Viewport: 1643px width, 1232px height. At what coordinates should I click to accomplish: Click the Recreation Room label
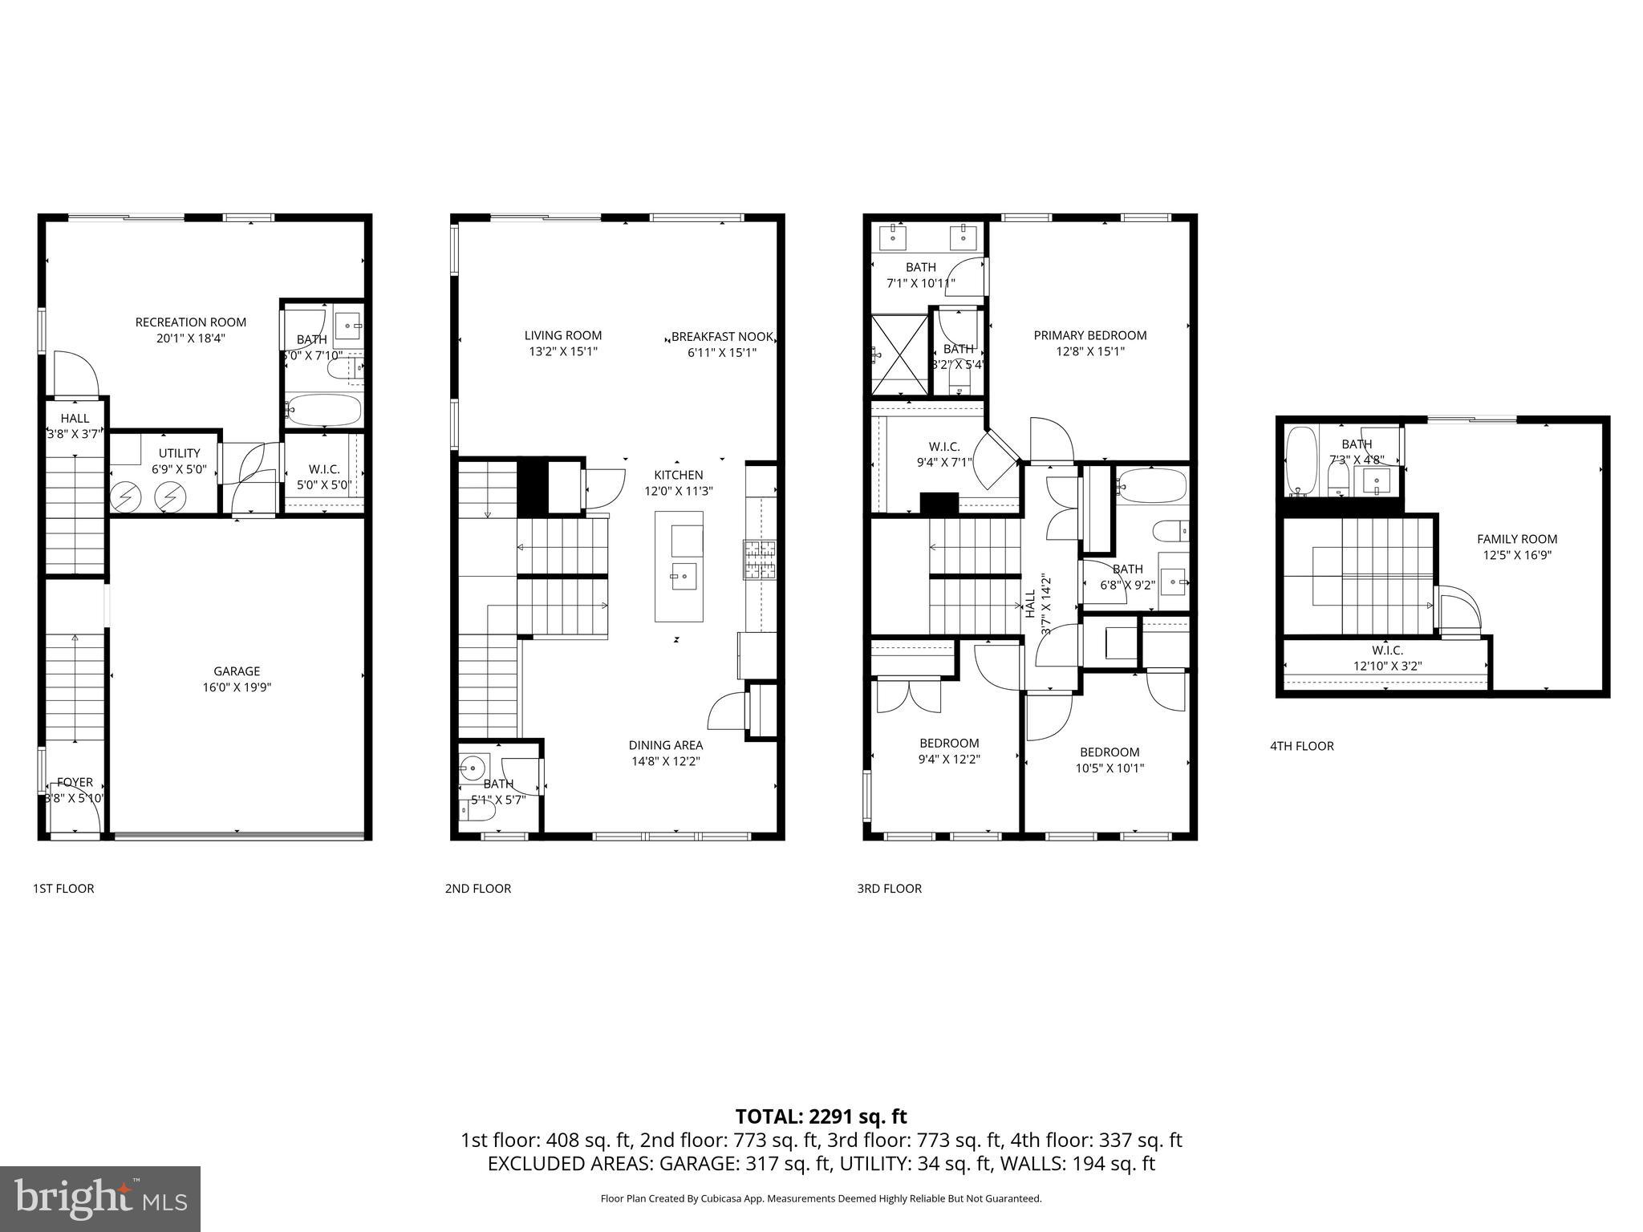pyautogui.click(x=190, y=322)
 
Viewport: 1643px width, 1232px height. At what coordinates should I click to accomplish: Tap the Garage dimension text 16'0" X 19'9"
pyautogui.click(x=237, y=687)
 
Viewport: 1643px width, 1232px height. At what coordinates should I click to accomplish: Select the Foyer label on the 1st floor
pyautogui.click(x=75, y=782)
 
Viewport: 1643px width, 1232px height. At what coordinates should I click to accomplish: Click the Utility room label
pyautogui.click(x=179, y=453)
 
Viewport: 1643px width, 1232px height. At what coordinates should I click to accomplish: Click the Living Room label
pyautogui.click(x=562, y=335)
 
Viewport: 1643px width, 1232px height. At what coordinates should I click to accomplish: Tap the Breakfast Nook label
pyautogui.click(x=722, y=337)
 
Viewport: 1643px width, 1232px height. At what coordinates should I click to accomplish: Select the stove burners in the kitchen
pyautogui.click(x=760, y=560)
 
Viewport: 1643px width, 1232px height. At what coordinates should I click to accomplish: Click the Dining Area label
pyautogui.click(x=665, y=745)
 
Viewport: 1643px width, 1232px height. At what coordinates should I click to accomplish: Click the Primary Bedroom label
pyautogui.click(x=1089, y=335)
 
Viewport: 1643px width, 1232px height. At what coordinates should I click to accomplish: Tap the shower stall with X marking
pyautogui.click(x=899, y=355)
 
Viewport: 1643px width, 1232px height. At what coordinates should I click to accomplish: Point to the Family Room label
pyautogui.click(x=1516, y=539)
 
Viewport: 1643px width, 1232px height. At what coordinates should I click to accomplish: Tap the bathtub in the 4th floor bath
pyautogui.click(x=1300, y=460)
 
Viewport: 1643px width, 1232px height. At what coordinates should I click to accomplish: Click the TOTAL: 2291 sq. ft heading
pyautogui.click(x=821, y=1116)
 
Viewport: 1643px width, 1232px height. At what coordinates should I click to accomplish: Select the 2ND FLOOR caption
pyautogui.click(x=477, y=888)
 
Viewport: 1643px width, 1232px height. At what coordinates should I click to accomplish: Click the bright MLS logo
pyautogui.click(x=100, y=1199)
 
